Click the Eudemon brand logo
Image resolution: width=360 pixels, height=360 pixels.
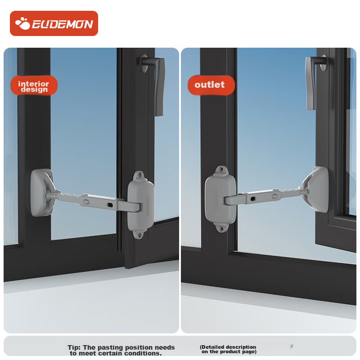(54, 23)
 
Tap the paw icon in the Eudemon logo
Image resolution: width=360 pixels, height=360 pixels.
(22, 23)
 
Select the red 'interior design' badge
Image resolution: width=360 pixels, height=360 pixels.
(34, 85)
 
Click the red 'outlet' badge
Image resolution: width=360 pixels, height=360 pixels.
(211, 85)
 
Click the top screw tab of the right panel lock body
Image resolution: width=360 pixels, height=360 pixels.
(221, 171)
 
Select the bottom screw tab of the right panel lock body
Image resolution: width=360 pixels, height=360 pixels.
(221, 228)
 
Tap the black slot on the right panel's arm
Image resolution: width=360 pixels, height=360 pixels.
(252, 199)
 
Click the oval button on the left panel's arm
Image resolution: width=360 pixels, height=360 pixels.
(86, 202)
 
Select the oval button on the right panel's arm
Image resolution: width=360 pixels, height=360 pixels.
(275, 197)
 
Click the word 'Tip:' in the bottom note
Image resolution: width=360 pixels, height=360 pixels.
(74, 347)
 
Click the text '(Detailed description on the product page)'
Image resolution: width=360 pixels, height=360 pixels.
(228, 349)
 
